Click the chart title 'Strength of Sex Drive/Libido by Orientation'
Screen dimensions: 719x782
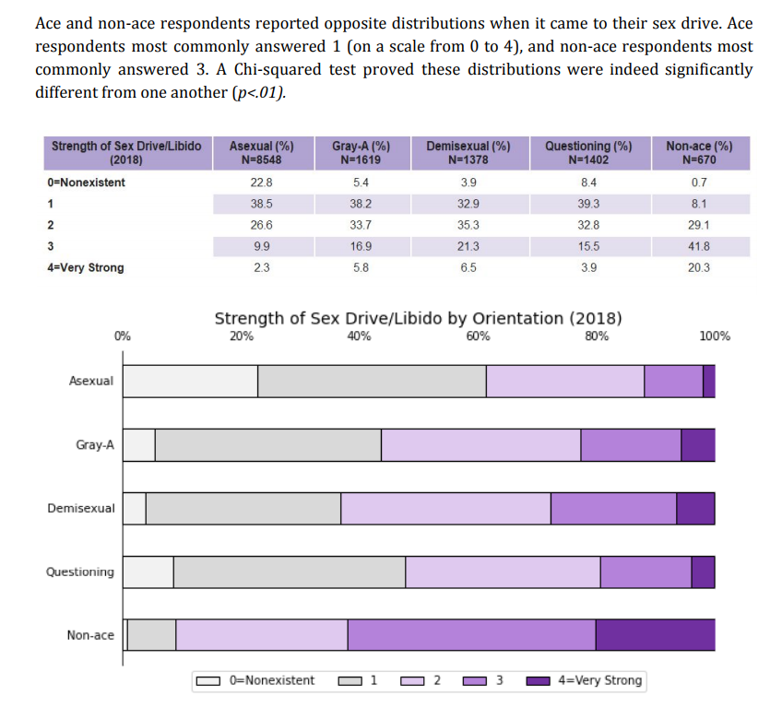point(418,319)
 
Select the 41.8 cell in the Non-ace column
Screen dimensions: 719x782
point(698,246)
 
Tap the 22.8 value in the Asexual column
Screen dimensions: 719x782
point(261,183)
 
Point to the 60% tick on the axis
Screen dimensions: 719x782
point(478,336)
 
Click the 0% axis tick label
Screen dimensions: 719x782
point(123,336)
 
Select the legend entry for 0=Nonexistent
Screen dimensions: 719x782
point(256,681)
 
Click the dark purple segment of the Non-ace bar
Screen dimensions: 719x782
point(655,635)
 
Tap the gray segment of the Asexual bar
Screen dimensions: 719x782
point(372,381)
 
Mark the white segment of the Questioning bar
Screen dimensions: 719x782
point(148,572)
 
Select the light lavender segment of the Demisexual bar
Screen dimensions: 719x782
point(445,508)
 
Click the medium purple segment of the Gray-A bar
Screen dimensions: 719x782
point(631,444)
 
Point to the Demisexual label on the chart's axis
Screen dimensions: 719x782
point(81,508)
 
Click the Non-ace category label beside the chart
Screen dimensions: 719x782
point(90,635)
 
